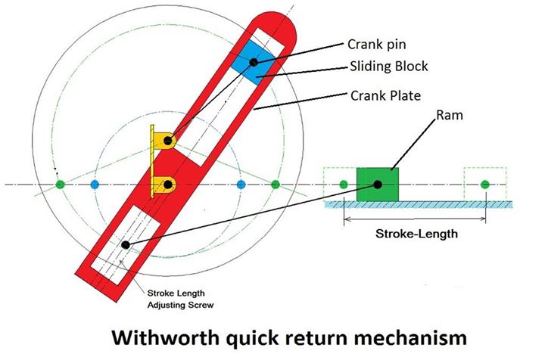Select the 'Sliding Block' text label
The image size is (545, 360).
[388, 67]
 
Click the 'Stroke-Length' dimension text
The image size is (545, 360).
[416, 234]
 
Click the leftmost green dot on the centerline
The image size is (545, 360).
[61, 184]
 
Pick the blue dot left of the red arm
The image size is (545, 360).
[95, 184]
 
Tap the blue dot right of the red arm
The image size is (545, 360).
[241, 184]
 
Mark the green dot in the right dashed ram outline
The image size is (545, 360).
[485, 184]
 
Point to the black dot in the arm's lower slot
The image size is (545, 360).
[125, 244]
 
